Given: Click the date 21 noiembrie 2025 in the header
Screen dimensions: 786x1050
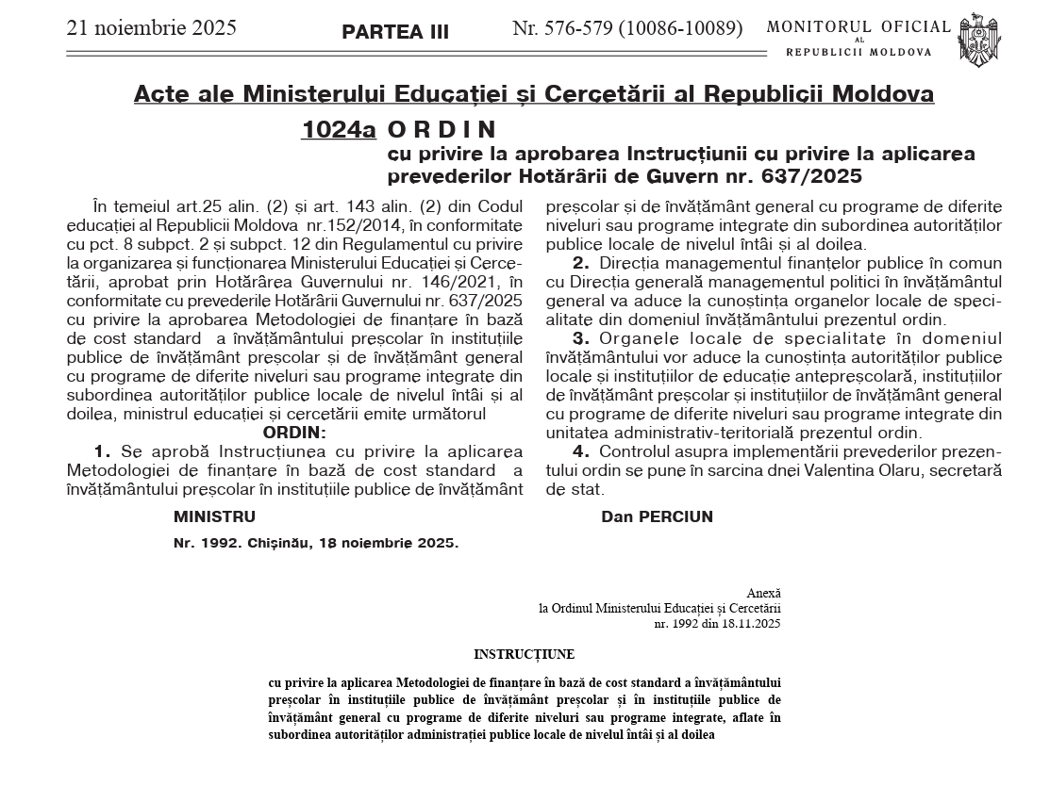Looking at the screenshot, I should (x=151, y=27).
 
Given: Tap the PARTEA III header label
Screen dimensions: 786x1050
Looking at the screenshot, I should (x=395, y=31).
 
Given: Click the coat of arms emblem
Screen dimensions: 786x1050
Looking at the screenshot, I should (x=975, y=40).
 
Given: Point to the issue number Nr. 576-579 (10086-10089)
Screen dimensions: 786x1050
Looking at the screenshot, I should (x=627, y=28).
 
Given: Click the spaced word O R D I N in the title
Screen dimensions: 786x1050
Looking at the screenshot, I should (x=442, y=129).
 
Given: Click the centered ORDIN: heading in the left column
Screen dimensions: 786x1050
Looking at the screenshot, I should (x=294, y=433).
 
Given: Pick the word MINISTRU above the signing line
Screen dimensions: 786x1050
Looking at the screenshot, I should (x=214, y=516).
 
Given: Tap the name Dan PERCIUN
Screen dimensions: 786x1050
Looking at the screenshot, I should (x=657, y=516).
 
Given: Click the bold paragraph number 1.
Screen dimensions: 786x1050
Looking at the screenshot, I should (x=103, y=451).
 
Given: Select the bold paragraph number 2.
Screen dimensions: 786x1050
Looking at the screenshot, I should (x=581, y=263).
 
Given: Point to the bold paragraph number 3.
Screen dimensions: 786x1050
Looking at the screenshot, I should (x=581, y=337).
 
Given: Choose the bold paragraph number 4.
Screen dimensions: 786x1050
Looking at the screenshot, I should (x=581, y=451).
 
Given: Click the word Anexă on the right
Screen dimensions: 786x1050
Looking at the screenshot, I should (x=763, y=593).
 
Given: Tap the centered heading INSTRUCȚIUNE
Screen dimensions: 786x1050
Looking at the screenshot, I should (x=524, y=653).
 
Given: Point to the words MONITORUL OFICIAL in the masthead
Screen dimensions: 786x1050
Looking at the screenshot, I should (x=858, y=26).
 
